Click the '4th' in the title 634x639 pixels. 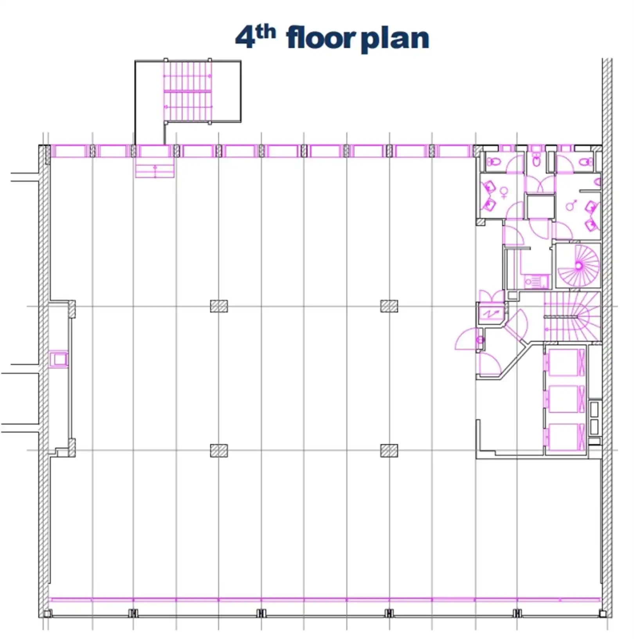(x=255, y=37)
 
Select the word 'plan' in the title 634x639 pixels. (x=394, y=39)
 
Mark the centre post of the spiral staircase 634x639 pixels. (x=579, y=266)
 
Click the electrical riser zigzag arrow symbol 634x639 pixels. (x=490, y=313)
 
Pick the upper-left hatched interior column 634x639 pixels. (x=219, y=306)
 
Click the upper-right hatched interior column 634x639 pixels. (x=389, y=306)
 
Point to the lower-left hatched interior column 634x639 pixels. (x=219, y=451)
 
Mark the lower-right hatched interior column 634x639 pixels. (x=389, y=451)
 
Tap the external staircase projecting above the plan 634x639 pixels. (x=188, y=92)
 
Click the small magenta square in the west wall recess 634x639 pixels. (x=59, y=359)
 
